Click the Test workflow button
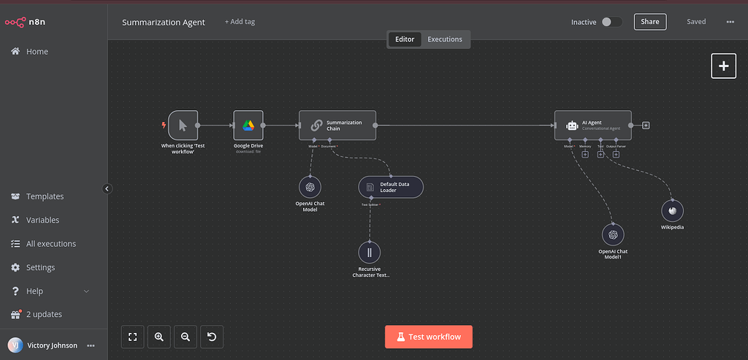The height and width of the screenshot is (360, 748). (x=429, y=337)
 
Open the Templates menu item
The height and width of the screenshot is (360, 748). (x=45, y=196)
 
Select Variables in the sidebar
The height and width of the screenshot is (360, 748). (x=42, y=220)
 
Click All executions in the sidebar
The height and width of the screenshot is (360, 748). (x=50, y=244)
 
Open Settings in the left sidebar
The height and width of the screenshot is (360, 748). (x=40, y=267)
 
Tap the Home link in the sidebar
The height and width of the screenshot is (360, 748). (x=37, y=52)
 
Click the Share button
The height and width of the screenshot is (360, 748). (x=650, y=22)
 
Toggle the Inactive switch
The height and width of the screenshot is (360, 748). (x=611, y=22)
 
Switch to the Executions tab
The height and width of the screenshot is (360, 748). (x=445, y=39)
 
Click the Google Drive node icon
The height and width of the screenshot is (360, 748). (x=248, y=126)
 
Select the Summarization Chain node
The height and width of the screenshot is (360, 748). (x=337, y=126)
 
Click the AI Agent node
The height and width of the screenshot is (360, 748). (x=592, y=126)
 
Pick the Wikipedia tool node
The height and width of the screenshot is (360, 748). (x=672, y=210)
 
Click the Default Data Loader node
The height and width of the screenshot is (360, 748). (x=391, y=188)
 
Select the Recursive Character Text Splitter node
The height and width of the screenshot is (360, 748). (x=370, y=253)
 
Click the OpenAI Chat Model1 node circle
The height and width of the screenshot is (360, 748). (x=613, y=235)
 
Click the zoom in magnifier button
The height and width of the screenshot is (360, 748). (x=159, y=337)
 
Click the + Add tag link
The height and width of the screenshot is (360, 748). (x=240, y=22)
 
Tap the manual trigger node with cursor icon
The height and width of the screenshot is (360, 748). (x=183, y=126)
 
